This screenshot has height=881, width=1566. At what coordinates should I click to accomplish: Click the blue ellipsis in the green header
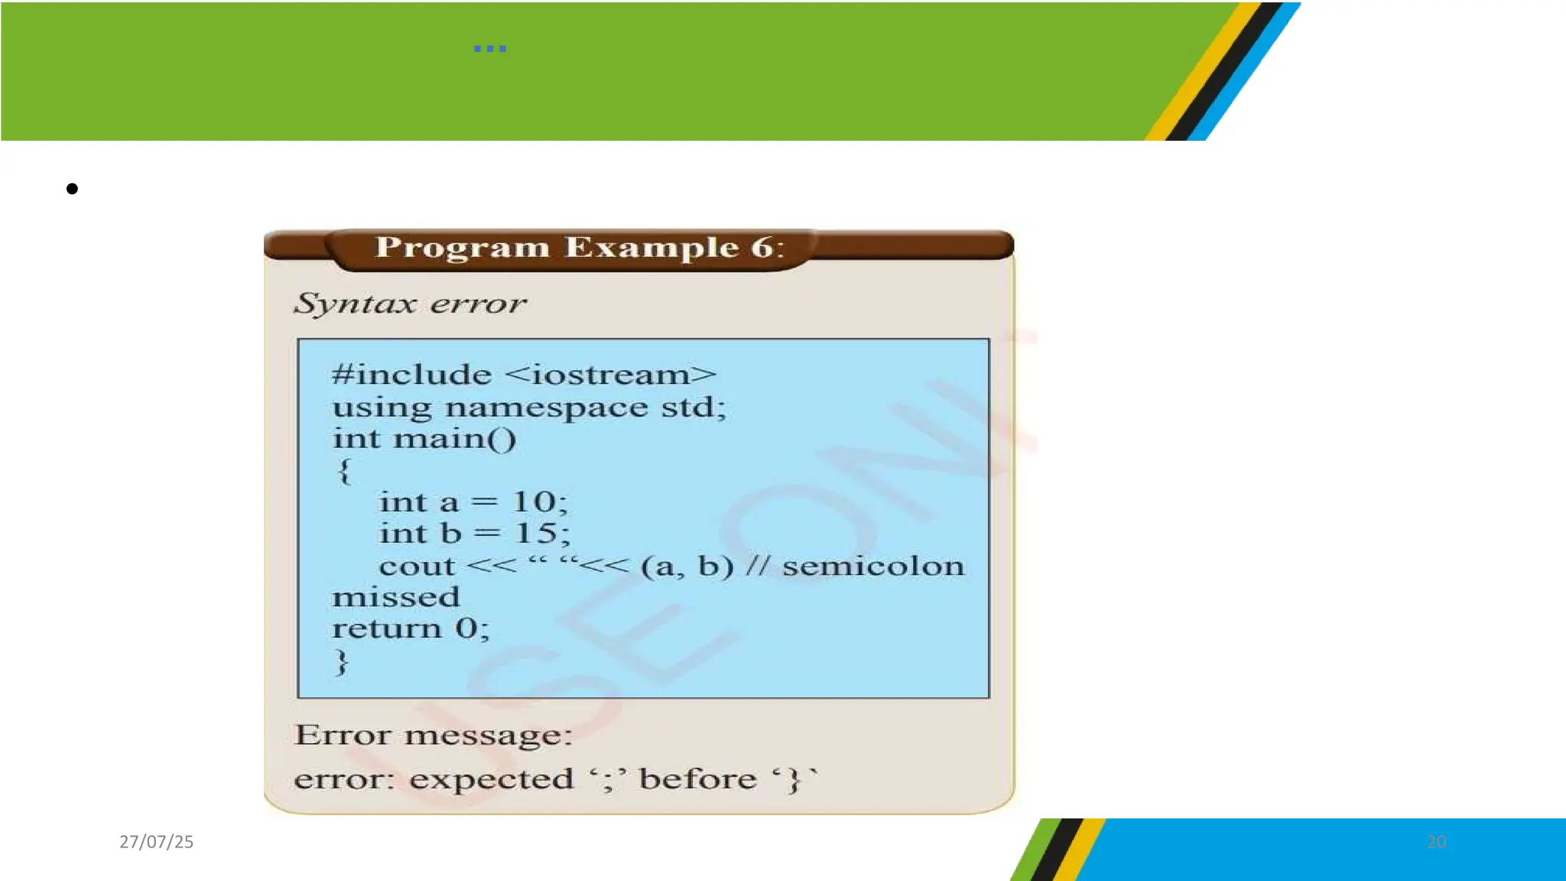(489, 49)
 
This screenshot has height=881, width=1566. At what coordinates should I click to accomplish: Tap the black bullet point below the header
(72, 189)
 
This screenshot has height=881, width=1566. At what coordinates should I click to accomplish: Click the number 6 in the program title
(762, 247)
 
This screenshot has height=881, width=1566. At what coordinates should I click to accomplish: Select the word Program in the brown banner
(462, 248)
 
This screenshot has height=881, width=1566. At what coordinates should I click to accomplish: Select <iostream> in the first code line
(611, 375)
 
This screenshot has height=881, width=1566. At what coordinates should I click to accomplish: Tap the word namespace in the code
(546, 407)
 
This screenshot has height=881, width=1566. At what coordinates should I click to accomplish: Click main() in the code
(454, 439)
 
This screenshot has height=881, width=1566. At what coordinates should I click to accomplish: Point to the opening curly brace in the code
(344, 470)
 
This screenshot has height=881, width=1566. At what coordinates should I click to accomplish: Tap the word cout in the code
(417, 567)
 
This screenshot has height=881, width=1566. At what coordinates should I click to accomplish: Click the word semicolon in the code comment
(873, 567)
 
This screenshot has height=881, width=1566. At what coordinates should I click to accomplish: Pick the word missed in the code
(396, 597)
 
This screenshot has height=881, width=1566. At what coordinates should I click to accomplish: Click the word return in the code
(386, 629)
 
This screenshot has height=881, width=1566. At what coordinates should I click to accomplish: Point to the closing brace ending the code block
(342, 662)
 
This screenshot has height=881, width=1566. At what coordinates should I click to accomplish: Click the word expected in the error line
(491, 779)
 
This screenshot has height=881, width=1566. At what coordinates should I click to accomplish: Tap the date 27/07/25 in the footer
(157, 842)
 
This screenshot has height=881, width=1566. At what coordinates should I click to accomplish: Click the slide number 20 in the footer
(1436, 842)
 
